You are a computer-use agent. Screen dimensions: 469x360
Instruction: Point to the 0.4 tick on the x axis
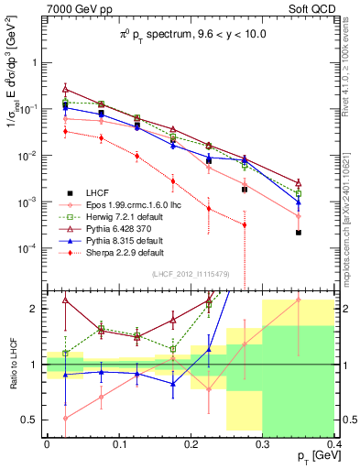[x=334, y=445]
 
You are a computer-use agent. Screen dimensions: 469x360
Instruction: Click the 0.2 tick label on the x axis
[x=191, y=445]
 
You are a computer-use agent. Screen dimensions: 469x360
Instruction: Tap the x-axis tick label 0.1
[x=118, y=445]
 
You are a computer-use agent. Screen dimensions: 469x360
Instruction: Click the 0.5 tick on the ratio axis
[x=33, y=420]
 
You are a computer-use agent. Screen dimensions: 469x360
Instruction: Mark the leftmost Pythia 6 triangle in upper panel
[x=65, y=89]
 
